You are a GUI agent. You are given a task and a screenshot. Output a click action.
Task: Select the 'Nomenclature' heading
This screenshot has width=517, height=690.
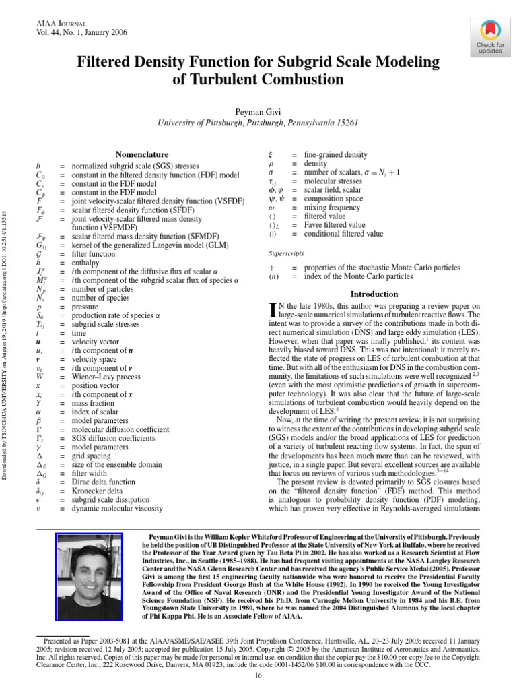click(142, 154)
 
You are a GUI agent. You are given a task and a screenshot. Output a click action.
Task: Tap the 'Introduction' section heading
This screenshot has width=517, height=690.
click(375, 294)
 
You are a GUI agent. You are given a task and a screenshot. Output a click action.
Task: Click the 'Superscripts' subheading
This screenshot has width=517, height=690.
click(285, 254)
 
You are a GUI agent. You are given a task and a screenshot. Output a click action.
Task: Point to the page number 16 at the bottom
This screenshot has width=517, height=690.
click(258, 677)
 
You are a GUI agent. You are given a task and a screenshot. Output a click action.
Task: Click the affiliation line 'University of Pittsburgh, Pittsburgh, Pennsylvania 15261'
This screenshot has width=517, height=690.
click(258, 124)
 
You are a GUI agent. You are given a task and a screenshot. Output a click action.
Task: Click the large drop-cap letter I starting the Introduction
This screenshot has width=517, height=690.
click(273, 309)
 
